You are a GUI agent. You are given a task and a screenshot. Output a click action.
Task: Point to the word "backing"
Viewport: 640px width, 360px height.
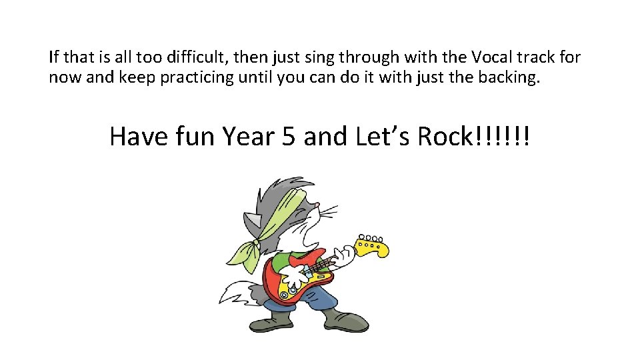pyautogui.click(x=511, y=77)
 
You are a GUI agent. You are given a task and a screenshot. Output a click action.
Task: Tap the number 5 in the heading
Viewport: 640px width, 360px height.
pyautogui.click(x=289, y=136)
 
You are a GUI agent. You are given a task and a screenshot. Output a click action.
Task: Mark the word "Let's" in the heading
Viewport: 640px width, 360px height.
pyautogui.click(x=383, y=136)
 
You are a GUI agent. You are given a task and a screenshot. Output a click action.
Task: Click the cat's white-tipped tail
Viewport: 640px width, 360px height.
pyautogui.click(x=230, y=294)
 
